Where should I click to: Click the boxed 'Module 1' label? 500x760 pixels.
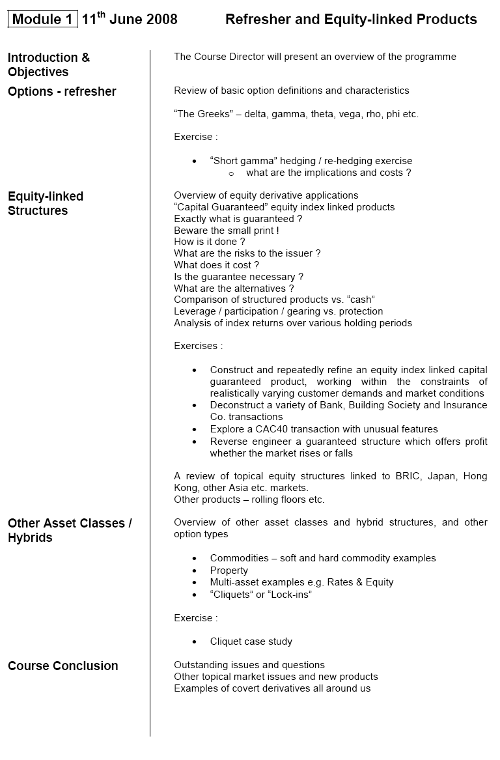42,20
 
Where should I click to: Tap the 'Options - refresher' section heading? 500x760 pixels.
62,92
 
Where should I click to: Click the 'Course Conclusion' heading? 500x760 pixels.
63,666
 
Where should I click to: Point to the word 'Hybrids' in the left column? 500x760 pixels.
30,538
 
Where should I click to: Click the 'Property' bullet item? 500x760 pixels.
229,570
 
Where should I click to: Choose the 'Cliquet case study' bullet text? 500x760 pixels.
251,641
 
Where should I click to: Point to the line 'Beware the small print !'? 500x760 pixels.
227,231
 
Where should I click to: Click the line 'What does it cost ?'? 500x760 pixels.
216,265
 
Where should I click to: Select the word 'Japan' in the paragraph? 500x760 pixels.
443,476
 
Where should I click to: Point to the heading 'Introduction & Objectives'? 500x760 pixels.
49,64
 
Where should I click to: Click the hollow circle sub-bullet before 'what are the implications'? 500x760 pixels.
231,173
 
